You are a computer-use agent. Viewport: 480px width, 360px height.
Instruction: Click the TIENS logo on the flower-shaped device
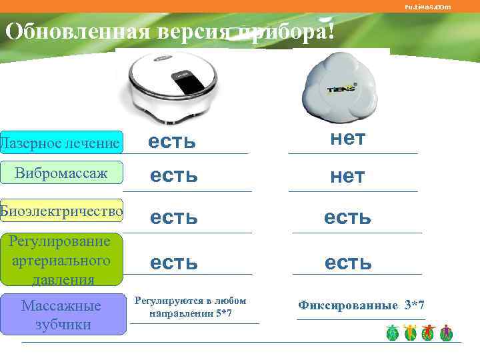pyautogui.click(x=341, y=89)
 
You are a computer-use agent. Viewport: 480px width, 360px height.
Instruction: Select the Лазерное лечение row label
pyautogui.click(x=61, y=143)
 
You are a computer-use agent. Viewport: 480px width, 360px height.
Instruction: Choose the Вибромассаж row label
pyautogui.click(x=61, y=173)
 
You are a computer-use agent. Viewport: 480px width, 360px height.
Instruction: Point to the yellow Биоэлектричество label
pyautogui.click(x=61, y=211)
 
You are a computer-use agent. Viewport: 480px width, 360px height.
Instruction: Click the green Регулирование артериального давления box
pyautogui.click(x=61, y=259)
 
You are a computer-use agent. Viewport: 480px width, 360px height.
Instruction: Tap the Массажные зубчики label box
pyautogui.click(x=61, y=315)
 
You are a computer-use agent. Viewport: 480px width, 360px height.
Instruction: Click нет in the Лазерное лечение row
pyautogui.click(x=347, y=139)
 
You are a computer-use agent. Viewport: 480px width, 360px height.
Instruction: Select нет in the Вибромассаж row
pyautogui.click(x=347, y=176)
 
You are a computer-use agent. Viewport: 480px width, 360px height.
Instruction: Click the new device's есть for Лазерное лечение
pyautogui.click(x=172, y=141)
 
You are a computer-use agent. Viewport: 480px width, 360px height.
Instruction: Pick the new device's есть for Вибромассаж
pyautogui.click(x=173, y=176)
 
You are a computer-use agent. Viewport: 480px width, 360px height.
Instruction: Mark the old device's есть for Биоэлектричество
pyautogui.click(x=347, y=217)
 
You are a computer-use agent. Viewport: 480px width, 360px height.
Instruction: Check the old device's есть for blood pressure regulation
pyautogui.click(x=347, y=263)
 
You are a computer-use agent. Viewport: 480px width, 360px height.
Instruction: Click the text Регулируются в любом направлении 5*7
pyautogui.click(x=191, y=307)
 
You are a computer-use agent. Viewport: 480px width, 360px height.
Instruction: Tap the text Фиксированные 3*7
pyautogui.click(x=361, y=305)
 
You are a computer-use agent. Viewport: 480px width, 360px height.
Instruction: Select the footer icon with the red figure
pyautogui.click(x=429, y=333)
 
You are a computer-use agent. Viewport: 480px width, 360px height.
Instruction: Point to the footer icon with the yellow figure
pyautogui.click(x=410, y=333)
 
